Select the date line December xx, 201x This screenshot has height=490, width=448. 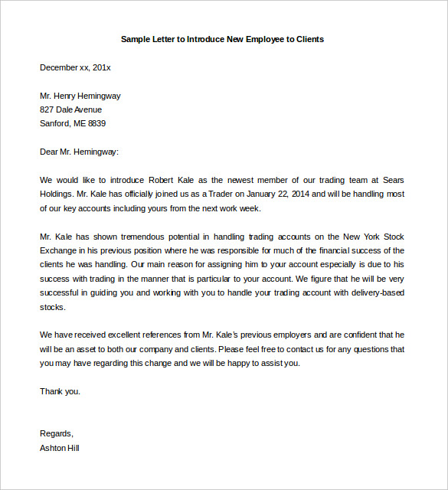(x=75, y=67)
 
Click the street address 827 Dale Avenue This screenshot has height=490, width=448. (x=70, y=109)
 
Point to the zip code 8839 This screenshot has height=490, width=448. (x=96, y=123)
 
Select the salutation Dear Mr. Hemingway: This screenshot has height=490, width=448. (x=80, y=152)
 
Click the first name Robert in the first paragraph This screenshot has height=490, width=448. (x=165, y=180)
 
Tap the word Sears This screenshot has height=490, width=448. (x=391, y=180)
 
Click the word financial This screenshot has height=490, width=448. (x=329, y=250)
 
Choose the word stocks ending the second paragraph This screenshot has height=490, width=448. (x=53, y=307)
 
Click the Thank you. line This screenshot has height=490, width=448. (x=60, y=391)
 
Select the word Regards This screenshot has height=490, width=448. (x=57, y=433)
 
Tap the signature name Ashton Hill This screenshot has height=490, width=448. (x=60, y=448)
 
